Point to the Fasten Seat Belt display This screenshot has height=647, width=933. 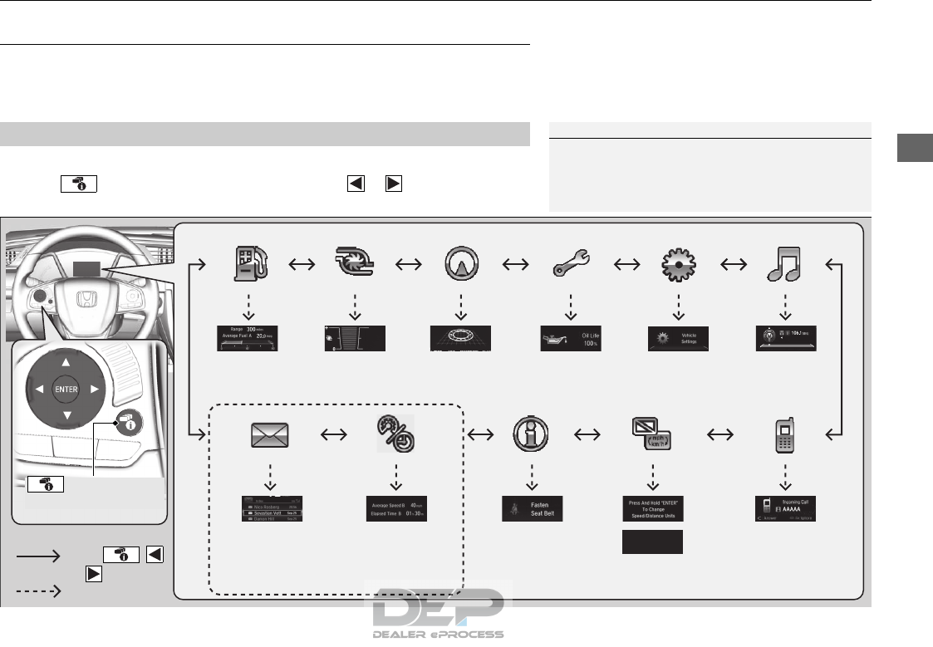[532, 508]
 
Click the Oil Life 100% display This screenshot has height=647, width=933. [570, 338]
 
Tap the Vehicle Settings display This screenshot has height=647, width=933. [679, 338]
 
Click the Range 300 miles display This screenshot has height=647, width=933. [248, 338]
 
